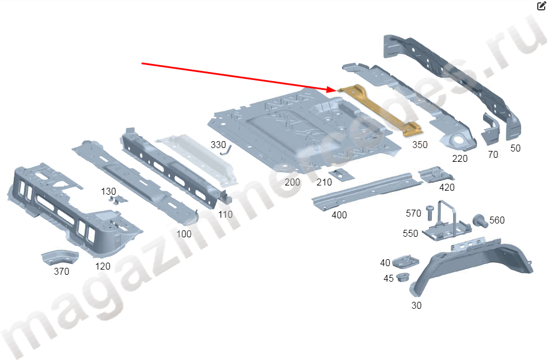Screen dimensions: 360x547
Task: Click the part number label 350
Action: click(420, 145)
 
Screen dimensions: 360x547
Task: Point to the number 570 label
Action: click(413, 213)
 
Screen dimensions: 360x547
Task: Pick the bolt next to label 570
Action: click(429, 213)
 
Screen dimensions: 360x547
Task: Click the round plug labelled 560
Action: click(478, 219)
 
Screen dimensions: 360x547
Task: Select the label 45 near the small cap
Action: click(389, 279)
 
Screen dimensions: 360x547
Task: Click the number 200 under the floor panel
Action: click(292, 182)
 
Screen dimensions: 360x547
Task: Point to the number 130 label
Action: click(108, 191)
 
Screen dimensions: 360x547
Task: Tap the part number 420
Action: click(447, 187)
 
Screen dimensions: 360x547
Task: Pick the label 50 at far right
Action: click(515, 148)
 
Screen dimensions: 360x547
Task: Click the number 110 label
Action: click(225, 214)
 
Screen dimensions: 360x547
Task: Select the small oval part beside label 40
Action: click(405, 263)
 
